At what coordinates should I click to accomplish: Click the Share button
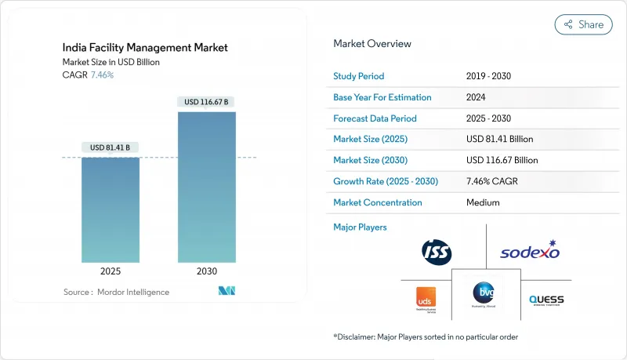(x=583, y=24)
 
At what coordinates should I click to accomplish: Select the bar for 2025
(x=111, y=209)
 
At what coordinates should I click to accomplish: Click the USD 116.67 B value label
(x=207, y=102)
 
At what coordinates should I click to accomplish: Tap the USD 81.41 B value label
(x=111, y=147)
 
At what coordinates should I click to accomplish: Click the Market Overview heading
(x=372, y=44)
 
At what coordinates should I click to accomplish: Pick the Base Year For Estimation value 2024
(x=477, y=97)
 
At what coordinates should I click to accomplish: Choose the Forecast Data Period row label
(x=375, y=118)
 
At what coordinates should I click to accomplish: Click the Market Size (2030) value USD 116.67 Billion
(x=502, y=160)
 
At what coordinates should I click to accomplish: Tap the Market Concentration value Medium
(x=483, y=202)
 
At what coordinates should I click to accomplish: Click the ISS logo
(x=437, y=252)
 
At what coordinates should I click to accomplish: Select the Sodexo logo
(x=530, y=252)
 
